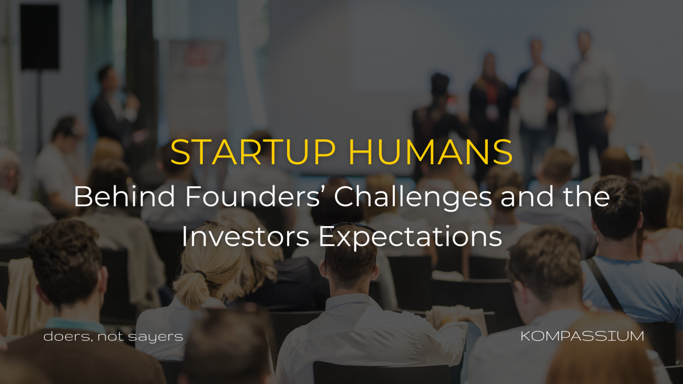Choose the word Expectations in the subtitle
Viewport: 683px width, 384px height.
coord(410,238)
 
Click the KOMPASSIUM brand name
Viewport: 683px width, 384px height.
coord(582,337)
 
